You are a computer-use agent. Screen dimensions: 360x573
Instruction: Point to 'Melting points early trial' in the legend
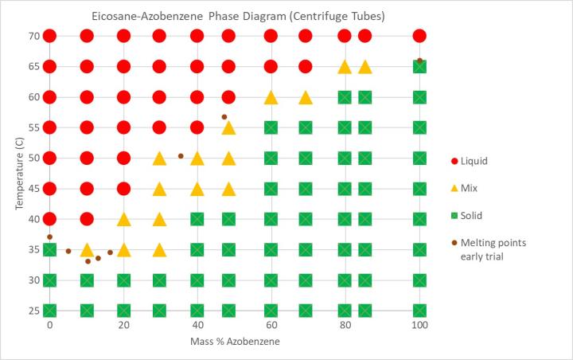click(499, 249)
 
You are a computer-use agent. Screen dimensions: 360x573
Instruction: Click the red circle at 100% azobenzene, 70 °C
click(419, 36)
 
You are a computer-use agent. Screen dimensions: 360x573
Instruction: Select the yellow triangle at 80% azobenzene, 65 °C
click(345, 67)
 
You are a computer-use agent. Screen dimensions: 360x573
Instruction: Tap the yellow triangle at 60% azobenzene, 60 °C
click(271, 97)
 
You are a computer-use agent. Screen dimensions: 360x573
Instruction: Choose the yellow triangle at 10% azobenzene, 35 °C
click(87, 250)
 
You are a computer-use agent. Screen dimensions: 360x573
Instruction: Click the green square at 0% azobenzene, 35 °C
click(49, 250)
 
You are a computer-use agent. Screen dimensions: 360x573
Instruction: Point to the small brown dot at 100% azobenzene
click(419, 61)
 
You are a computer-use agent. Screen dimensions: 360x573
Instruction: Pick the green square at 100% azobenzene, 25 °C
click(419, 311)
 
